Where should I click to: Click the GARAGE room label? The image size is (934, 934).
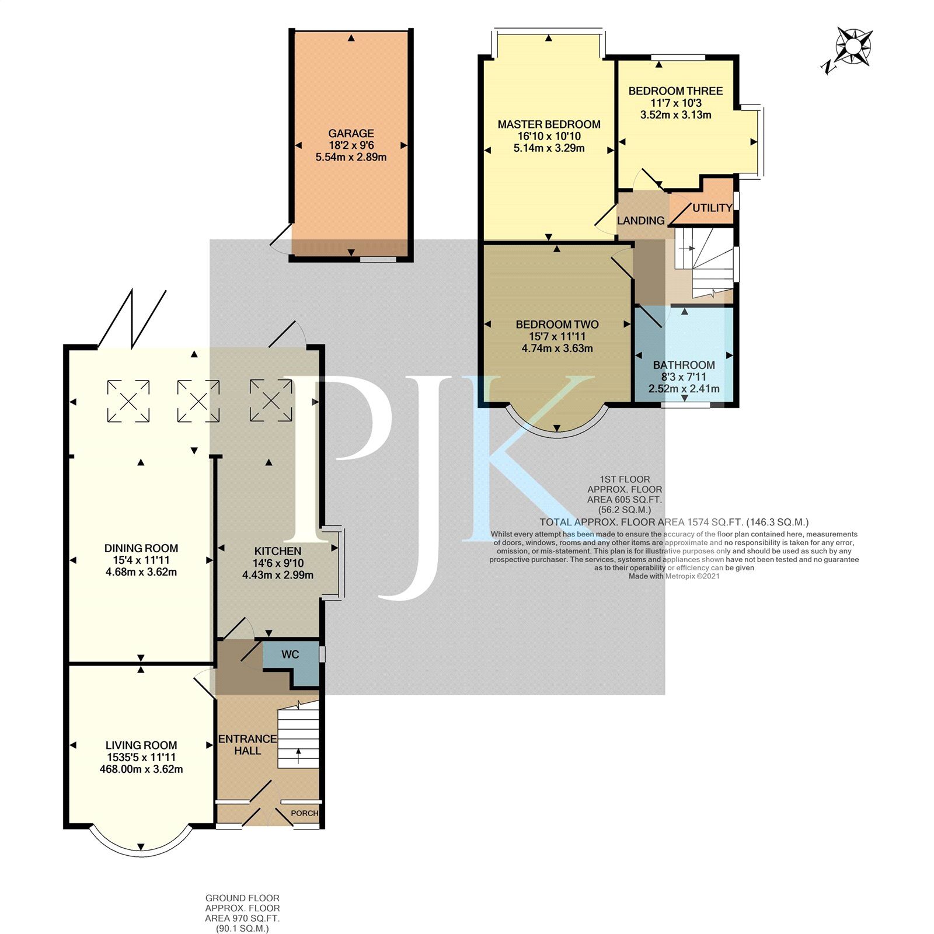point(351,133)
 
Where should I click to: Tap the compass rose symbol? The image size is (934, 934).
point(853,46)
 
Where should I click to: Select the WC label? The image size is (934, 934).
point(290,654)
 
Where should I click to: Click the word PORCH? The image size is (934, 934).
point(305,813)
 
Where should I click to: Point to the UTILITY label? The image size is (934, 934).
point(712,208)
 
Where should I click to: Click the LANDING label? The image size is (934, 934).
point(640,221)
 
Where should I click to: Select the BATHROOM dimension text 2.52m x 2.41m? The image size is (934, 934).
point(684,389)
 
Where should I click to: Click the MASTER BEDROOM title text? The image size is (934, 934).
point(549,124)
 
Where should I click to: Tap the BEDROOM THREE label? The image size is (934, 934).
point(675,91)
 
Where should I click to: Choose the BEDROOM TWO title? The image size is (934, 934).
point(557,325)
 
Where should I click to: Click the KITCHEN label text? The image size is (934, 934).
point(278,551)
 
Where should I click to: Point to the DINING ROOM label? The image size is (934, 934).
point(141,548)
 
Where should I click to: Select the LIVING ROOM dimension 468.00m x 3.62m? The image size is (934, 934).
point(141,769)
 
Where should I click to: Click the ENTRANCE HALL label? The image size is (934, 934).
point(248,744)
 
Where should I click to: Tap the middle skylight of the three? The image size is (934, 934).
point(198,401)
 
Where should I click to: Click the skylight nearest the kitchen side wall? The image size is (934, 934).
point(271,400)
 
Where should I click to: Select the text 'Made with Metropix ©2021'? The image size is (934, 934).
point(674,576)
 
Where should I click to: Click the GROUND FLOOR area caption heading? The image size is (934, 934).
point(242,898)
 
